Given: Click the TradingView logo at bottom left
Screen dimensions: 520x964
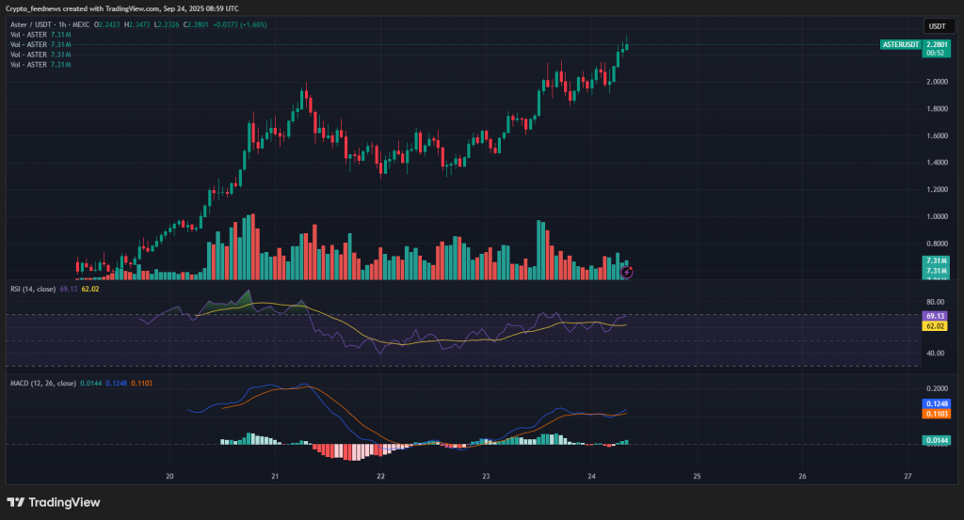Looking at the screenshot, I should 54,502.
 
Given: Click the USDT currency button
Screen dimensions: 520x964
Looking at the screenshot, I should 936,26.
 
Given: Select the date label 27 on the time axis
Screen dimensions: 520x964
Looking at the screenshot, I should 907,476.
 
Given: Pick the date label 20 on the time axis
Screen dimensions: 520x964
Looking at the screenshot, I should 169,476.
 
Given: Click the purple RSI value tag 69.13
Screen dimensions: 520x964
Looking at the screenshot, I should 935,316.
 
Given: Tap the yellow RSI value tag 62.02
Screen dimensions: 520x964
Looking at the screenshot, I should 935,326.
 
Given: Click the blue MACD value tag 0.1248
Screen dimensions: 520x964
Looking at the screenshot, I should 936,403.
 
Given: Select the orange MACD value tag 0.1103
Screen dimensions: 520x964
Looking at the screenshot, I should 936,414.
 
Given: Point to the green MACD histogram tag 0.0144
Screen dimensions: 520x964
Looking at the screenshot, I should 936,440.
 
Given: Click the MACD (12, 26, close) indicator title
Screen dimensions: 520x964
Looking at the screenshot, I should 43,384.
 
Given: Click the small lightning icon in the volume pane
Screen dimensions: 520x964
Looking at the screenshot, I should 627,273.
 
